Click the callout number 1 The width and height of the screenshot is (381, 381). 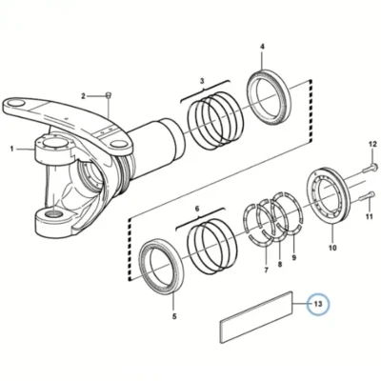pos(12,149)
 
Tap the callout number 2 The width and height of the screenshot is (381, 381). pos(83,96)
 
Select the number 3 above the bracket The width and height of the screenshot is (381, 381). pos(202,81)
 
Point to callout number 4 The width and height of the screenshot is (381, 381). pos(262,47)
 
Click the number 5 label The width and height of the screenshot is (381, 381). pos(174,316)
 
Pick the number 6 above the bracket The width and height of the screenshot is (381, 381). pos(197,209)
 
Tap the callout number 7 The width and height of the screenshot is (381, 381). pos(266,271)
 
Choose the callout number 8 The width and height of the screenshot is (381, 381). pos(280,264)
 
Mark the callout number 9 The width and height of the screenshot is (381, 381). pos(294,257)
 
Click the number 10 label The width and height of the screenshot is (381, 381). pos(332,248)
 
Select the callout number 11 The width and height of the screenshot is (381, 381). pos(369,217)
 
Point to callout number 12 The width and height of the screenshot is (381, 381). pos(372,144)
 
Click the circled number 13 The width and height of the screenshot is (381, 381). pos(318,304)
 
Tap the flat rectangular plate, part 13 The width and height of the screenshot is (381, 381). pos(256,317)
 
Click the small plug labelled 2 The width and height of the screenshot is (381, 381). pos(108,95)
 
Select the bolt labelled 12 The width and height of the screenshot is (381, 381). pos(370,169)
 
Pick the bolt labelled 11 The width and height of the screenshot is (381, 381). pos(368,196)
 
